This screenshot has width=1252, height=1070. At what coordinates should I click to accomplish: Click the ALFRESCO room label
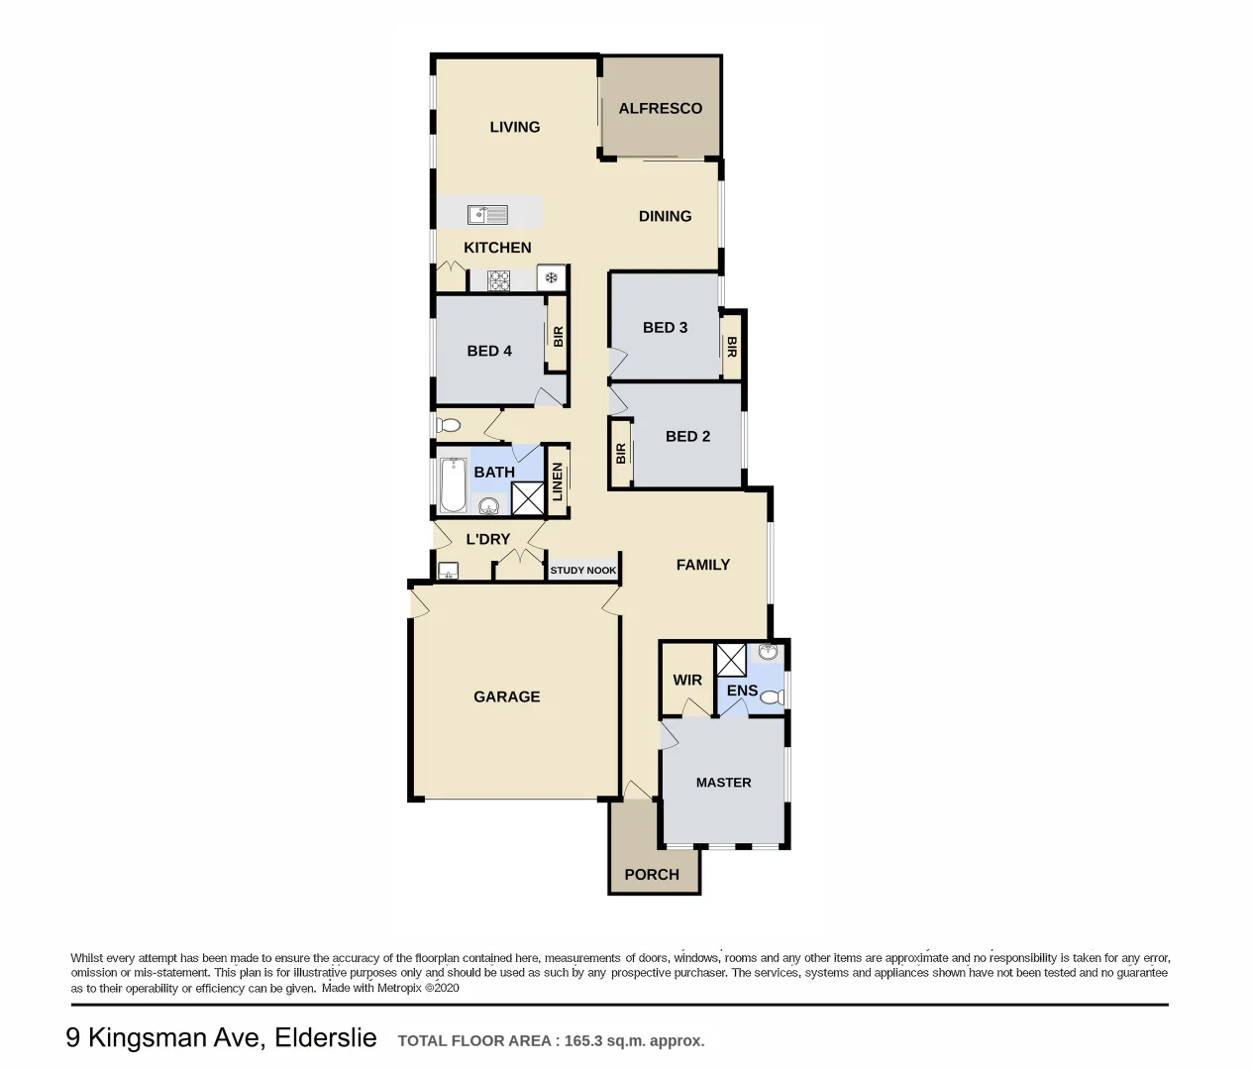(660, 109)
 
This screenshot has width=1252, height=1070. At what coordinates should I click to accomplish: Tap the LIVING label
(514, 127)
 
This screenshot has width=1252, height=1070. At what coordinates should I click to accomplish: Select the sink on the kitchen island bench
(487, 215)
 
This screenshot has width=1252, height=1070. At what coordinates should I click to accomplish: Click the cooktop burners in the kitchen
(499, 280)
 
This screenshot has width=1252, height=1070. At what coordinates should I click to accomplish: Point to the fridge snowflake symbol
(551, 278)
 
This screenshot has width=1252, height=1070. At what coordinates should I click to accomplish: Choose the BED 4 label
(489, 351)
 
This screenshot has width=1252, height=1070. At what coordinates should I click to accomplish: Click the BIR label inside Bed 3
(732, 347)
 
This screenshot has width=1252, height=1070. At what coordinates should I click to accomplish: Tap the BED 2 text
(687, 436)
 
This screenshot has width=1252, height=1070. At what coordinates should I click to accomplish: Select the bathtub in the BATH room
(453, 482)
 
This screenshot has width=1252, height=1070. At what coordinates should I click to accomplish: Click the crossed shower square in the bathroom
(527, 498)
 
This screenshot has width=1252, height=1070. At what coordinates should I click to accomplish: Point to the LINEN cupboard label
(558, 481)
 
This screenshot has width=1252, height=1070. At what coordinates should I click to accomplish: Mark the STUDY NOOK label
(582, 571)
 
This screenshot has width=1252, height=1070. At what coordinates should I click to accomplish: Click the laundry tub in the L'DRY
(448, 570)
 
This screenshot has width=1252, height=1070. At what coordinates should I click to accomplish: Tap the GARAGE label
(506, 696)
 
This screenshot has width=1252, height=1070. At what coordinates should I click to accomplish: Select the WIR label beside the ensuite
(687, 680)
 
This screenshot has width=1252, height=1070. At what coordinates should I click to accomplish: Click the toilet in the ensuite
(773, 697)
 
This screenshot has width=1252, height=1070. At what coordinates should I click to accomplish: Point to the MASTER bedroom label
(723, 783)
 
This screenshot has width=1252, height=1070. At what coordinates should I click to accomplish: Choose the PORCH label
(652, 875)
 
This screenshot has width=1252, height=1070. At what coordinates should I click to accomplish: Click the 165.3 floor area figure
(584, 1041)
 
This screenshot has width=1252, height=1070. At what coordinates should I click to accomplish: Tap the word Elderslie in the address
(326, 1038)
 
